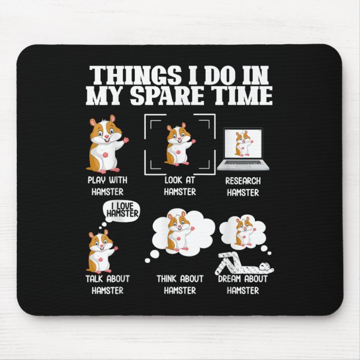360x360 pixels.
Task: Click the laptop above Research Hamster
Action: point(242,149)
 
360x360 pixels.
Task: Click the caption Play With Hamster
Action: point(106,185)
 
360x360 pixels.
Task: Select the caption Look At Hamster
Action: point(180,186)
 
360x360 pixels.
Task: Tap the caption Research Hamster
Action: point(242,187)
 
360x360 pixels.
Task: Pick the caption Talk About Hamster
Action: point(107,284)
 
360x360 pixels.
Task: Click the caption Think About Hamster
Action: point(180,284)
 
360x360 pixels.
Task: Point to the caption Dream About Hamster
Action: point(242,284)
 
